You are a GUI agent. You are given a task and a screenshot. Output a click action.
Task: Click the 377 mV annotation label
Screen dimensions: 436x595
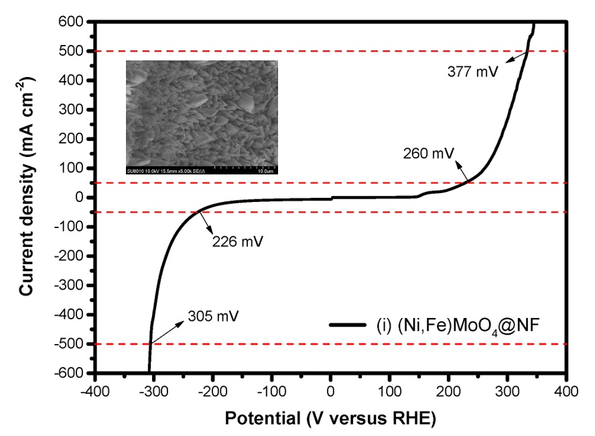tap(473, 70)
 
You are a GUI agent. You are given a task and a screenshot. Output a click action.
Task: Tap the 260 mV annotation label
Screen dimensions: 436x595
tap(429, 153)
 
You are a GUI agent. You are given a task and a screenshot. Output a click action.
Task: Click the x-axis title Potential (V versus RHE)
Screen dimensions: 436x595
tap(330, 419)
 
